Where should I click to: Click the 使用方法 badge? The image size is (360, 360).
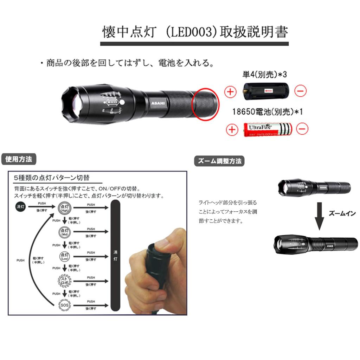pos(19,159)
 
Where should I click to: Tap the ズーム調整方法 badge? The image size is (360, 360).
pos(219,161)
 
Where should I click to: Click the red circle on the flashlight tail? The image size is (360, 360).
pos(205,104)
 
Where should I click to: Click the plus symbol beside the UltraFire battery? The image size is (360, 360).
pos(232,129)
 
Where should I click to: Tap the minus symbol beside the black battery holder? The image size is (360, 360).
pos(300,91)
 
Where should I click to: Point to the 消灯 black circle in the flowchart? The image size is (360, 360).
pos(20,207)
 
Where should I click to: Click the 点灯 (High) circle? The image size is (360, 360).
pos(64,208)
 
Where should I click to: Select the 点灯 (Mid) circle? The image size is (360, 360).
pos(64,232)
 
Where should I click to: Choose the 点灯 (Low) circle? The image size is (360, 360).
pos(64,256)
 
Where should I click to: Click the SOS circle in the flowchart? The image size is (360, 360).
pos(64,304)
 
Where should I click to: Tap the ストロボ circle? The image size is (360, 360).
pos(64,280)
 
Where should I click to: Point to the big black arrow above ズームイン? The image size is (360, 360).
pos(319,216)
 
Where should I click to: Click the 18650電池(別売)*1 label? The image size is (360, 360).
pos(268,111)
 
